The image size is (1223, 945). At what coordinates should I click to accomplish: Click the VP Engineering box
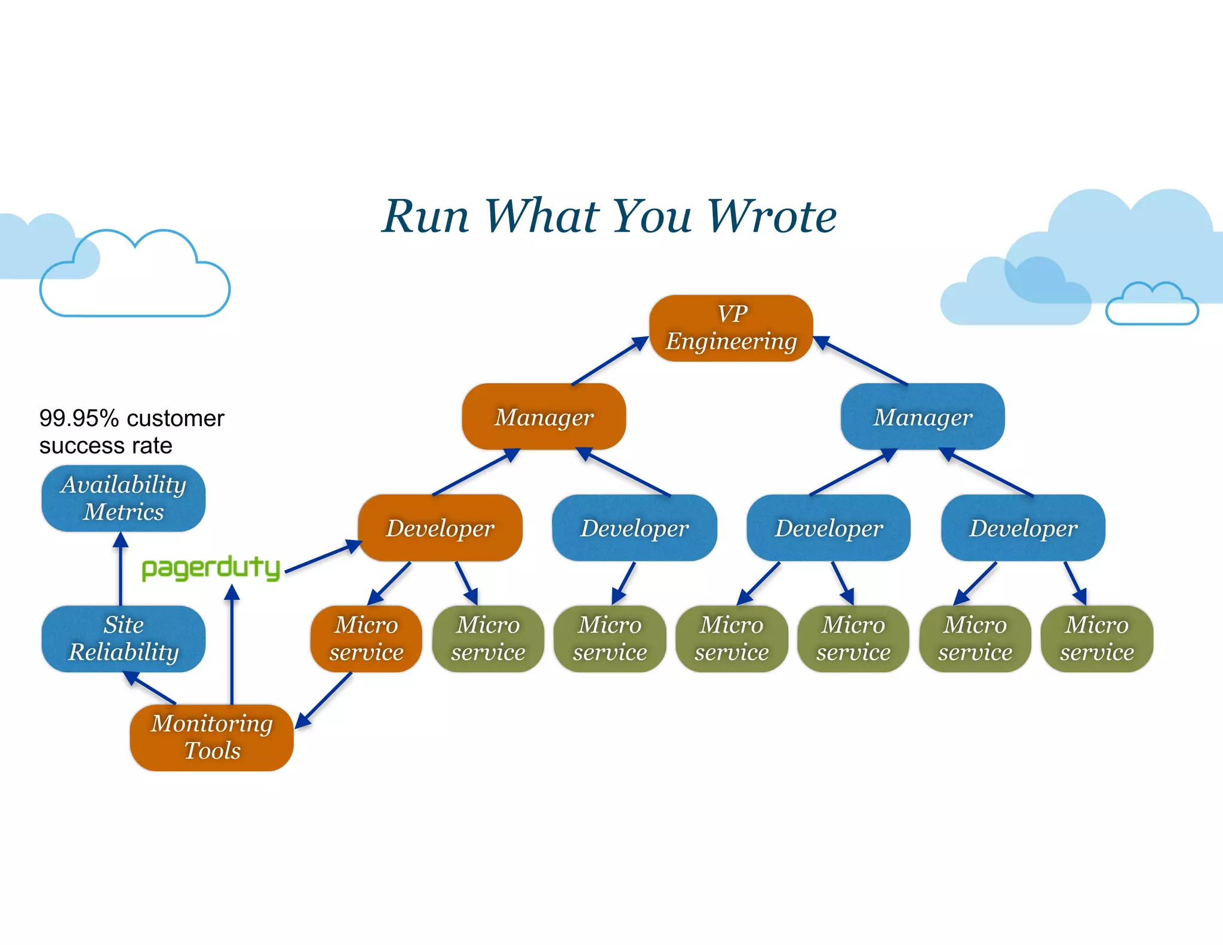(731, 328)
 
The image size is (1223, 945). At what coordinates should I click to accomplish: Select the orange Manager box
(544, 417)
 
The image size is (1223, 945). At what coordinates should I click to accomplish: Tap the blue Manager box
(923, 417)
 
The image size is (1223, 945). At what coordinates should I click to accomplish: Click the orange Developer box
(440, 528)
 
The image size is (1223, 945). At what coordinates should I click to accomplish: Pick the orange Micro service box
(366, 639)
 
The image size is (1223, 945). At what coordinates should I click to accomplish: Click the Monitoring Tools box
(211, 737)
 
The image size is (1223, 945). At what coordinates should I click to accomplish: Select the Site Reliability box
(124, 639)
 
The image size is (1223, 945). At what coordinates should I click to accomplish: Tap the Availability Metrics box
(124, 498)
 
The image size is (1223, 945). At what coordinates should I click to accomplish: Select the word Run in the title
(426, 216)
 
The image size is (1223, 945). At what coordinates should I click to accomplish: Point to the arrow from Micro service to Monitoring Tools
(324, 700)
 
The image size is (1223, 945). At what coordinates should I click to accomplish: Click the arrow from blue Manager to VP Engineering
(861, 361)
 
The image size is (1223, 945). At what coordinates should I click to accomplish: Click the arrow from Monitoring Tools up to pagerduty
(232, 645)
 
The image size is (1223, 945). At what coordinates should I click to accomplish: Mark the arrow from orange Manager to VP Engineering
(610, 361)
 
